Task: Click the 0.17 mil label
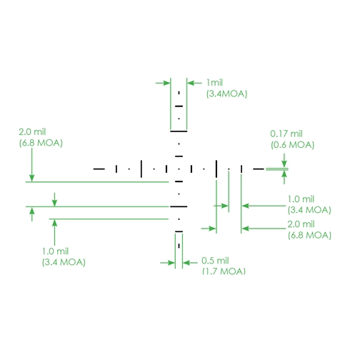[x=286, y=134]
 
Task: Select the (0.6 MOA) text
[x=293, y=145]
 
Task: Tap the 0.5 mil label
[x=215, y=261]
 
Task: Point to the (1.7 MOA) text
[x=224, y=271]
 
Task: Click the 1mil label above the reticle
[x=214, y=83]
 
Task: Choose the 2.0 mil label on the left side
[x=32, y=132]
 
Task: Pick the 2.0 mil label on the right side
[x=301, y=224]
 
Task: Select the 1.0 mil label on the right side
[x=301, y=199]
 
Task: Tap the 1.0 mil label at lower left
[x=55, y=251]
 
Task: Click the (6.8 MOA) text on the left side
[x=41, y=143]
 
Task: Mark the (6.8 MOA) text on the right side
[x=309, y=236]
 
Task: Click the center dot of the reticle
[x=179, y=169]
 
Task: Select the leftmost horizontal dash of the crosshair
[x=99, y=169]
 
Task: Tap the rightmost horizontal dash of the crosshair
[x=259, y=169]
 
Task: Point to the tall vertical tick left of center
[x=141, y=169]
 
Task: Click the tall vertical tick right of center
[x=216, y=169]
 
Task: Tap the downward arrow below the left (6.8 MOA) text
[x=32, y=165]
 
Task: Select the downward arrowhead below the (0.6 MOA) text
[x=284, y=164]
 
